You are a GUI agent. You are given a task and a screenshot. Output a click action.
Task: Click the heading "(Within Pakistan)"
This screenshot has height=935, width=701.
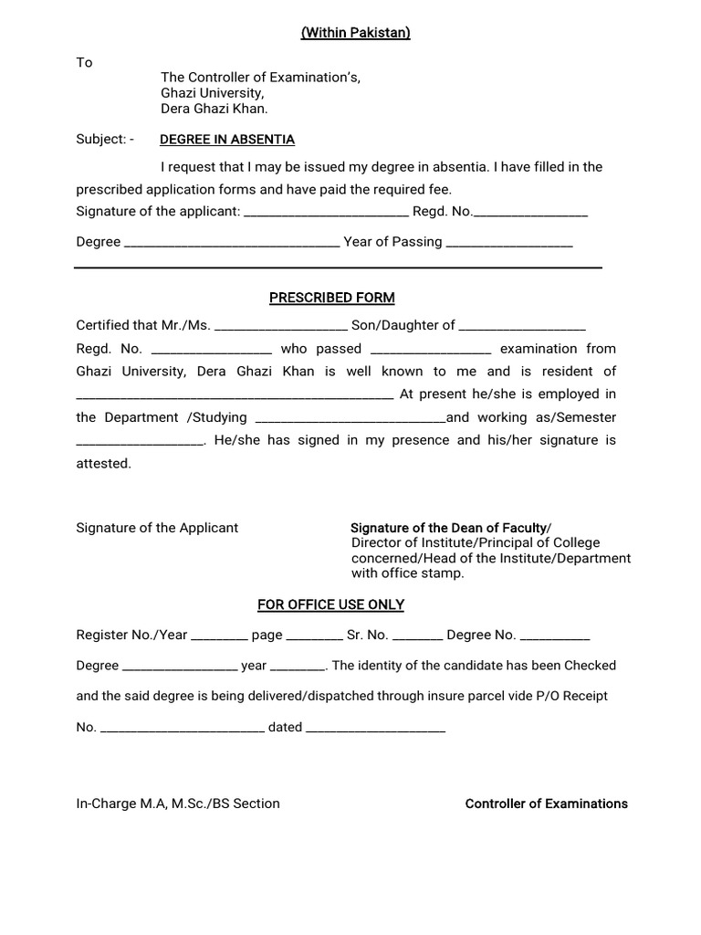(355, 33)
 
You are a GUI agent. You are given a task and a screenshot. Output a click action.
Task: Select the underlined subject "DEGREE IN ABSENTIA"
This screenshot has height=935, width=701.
(227, 140)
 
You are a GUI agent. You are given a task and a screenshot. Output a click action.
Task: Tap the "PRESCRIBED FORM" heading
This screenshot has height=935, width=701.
(331, 298)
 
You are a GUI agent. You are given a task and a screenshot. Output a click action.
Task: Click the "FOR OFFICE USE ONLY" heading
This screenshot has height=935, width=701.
(330, 604)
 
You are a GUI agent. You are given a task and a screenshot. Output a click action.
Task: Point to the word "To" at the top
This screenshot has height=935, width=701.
(84, 62)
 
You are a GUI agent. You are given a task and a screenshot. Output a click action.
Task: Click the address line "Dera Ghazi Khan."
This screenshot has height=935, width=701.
(214, 108)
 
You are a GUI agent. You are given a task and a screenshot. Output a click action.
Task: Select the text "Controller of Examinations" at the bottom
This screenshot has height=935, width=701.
(546, 804)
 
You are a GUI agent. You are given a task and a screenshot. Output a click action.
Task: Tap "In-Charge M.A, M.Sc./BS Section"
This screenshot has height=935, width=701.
(178, 804)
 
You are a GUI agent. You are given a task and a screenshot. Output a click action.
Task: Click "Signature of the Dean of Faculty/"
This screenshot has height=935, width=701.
(451, 528)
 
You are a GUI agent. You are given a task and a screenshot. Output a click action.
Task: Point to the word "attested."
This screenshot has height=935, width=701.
(103, 463)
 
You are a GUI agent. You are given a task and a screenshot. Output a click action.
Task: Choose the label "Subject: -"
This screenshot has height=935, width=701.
(105, 140)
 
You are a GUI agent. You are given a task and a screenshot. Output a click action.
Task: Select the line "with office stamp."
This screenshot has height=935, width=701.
(408, 573)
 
